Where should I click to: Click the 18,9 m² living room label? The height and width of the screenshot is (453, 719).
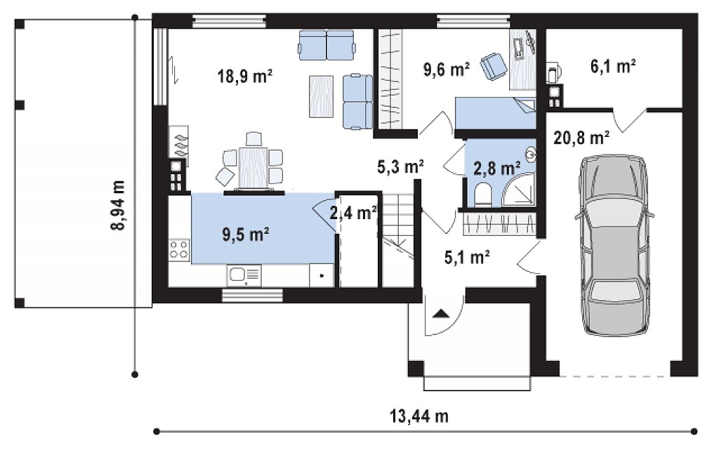click(245, 76)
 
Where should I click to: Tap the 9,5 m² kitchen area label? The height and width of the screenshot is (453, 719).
click(245, 235)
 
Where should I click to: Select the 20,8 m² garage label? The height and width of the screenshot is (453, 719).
click(581, 137)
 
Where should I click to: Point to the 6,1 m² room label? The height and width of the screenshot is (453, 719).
click(612, 67)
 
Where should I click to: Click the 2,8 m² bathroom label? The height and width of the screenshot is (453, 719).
click(496, 169)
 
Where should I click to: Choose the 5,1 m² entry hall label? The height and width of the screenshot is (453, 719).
click(467, 257)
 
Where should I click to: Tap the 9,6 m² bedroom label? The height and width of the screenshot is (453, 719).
click(446, 70)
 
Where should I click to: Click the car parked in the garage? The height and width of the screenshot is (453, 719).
click(614, 245)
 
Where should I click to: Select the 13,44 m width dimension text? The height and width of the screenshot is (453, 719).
click(419, 416)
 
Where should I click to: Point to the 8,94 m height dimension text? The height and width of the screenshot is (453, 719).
click(118, 205)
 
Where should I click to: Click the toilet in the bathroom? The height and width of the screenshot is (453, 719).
click(482, 195)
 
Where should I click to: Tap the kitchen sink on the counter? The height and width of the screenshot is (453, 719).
click(244, 275)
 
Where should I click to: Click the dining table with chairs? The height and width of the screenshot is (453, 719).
click(252, 162)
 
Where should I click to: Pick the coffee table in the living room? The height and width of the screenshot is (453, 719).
click(321, 96)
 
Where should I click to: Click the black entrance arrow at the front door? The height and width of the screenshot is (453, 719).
click(441, 314)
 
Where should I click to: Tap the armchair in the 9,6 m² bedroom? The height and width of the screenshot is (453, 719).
click(494, 66)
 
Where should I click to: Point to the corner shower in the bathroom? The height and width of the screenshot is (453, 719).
click(519, 190)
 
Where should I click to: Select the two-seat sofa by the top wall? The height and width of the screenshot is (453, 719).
click(326, 45)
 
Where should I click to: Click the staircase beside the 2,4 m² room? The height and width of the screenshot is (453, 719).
click(398, 240)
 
